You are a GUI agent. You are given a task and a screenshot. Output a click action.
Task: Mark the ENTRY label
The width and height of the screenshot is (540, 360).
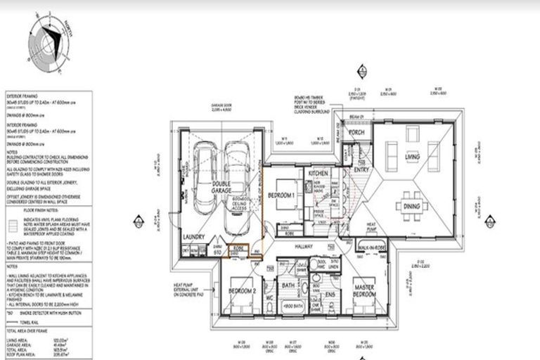point(361,169)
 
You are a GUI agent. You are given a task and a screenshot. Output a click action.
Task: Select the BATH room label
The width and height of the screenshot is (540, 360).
point(287,286)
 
